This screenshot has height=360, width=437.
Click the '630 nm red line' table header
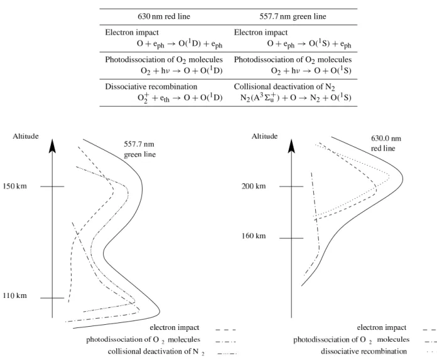click(x=164, y=16)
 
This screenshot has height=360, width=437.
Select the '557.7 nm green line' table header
click(x=293, y=16)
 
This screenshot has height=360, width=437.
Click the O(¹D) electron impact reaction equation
click(x=180, y=44)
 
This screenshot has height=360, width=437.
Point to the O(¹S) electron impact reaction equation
click(x=309, y=44)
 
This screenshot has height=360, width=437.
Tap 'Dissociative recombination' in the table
click(x=151, y=87)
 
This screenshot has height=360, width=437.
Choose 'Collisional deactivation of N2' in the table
click(x=284, y=87)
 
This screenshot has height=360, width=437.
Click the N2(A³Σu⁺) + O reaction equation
click(x=296, y=98)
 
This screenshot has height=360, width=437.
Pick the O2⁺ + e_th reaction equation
click(x=180, y=98)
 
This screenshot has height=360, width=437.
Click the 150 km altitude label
click(x=15, y=186)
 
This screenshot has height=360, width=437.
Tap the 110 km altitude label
click(x=15, y=295)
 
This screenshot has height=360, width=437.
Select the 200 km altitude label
click(x=254, y=186)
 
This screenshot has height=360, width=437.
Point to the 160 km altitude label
click(x=254, y=236)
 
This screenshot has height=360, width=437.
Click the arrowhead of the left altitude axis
click(x=52, y=146)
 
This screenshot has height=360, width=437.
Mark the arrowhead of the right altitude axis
click(x=291, y=146)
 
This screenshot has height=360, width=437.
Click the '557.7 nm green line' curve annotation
click(x=139, y=149)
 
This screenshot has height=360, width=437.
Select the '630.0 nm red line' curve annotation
click(x=386, y=144)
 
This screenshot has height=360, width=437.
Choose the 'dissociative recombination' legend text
click(x=364, y=351)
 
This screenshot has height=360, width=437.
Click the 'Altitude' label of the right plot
click(x=264, y=136)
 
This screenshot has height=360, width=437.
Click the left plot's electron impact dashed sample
click(x=226, y=330)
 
